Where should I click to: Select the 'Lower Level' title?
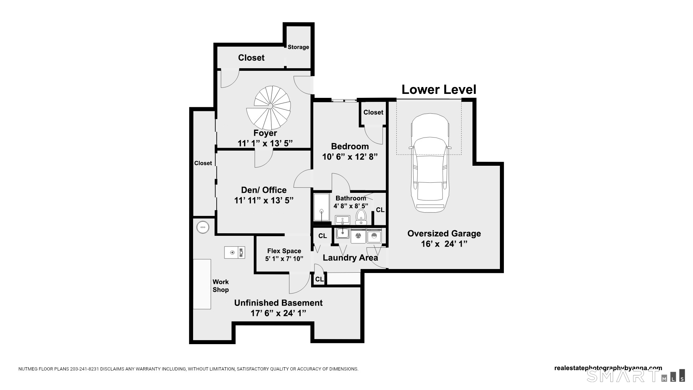click(439, 90)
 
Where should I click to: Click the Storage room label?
click(298, 47)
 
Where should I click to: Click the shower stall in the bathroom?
click(321, 207)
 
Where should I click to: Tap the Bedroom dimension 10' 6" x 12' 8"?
click(350, 157)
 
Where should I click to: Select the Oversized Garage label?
click(444, 233)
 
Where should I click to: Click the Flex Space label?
click(284, 251)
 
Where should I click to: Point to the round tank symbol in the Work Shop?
click(203, 227)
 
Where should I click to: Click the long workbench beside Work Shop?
click(202, 284)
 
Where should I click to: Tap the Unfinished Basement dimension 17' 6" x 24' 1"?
click(278, 313)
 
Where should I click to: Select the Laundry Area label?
click(350, 258)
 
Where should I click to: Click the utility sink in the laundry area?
click(342, 234)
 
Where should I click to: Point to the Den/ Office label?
click(264, 190)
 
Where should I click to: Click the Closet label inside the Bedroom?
click(373, 112)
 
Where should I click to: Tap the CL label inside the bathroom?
click(380, 210)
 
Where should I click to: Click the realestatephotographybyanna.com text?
click(608, 368)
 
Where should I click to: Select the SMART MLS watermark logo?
click(635, 376)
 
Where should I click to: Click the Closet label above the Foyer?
click(251, 58)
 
